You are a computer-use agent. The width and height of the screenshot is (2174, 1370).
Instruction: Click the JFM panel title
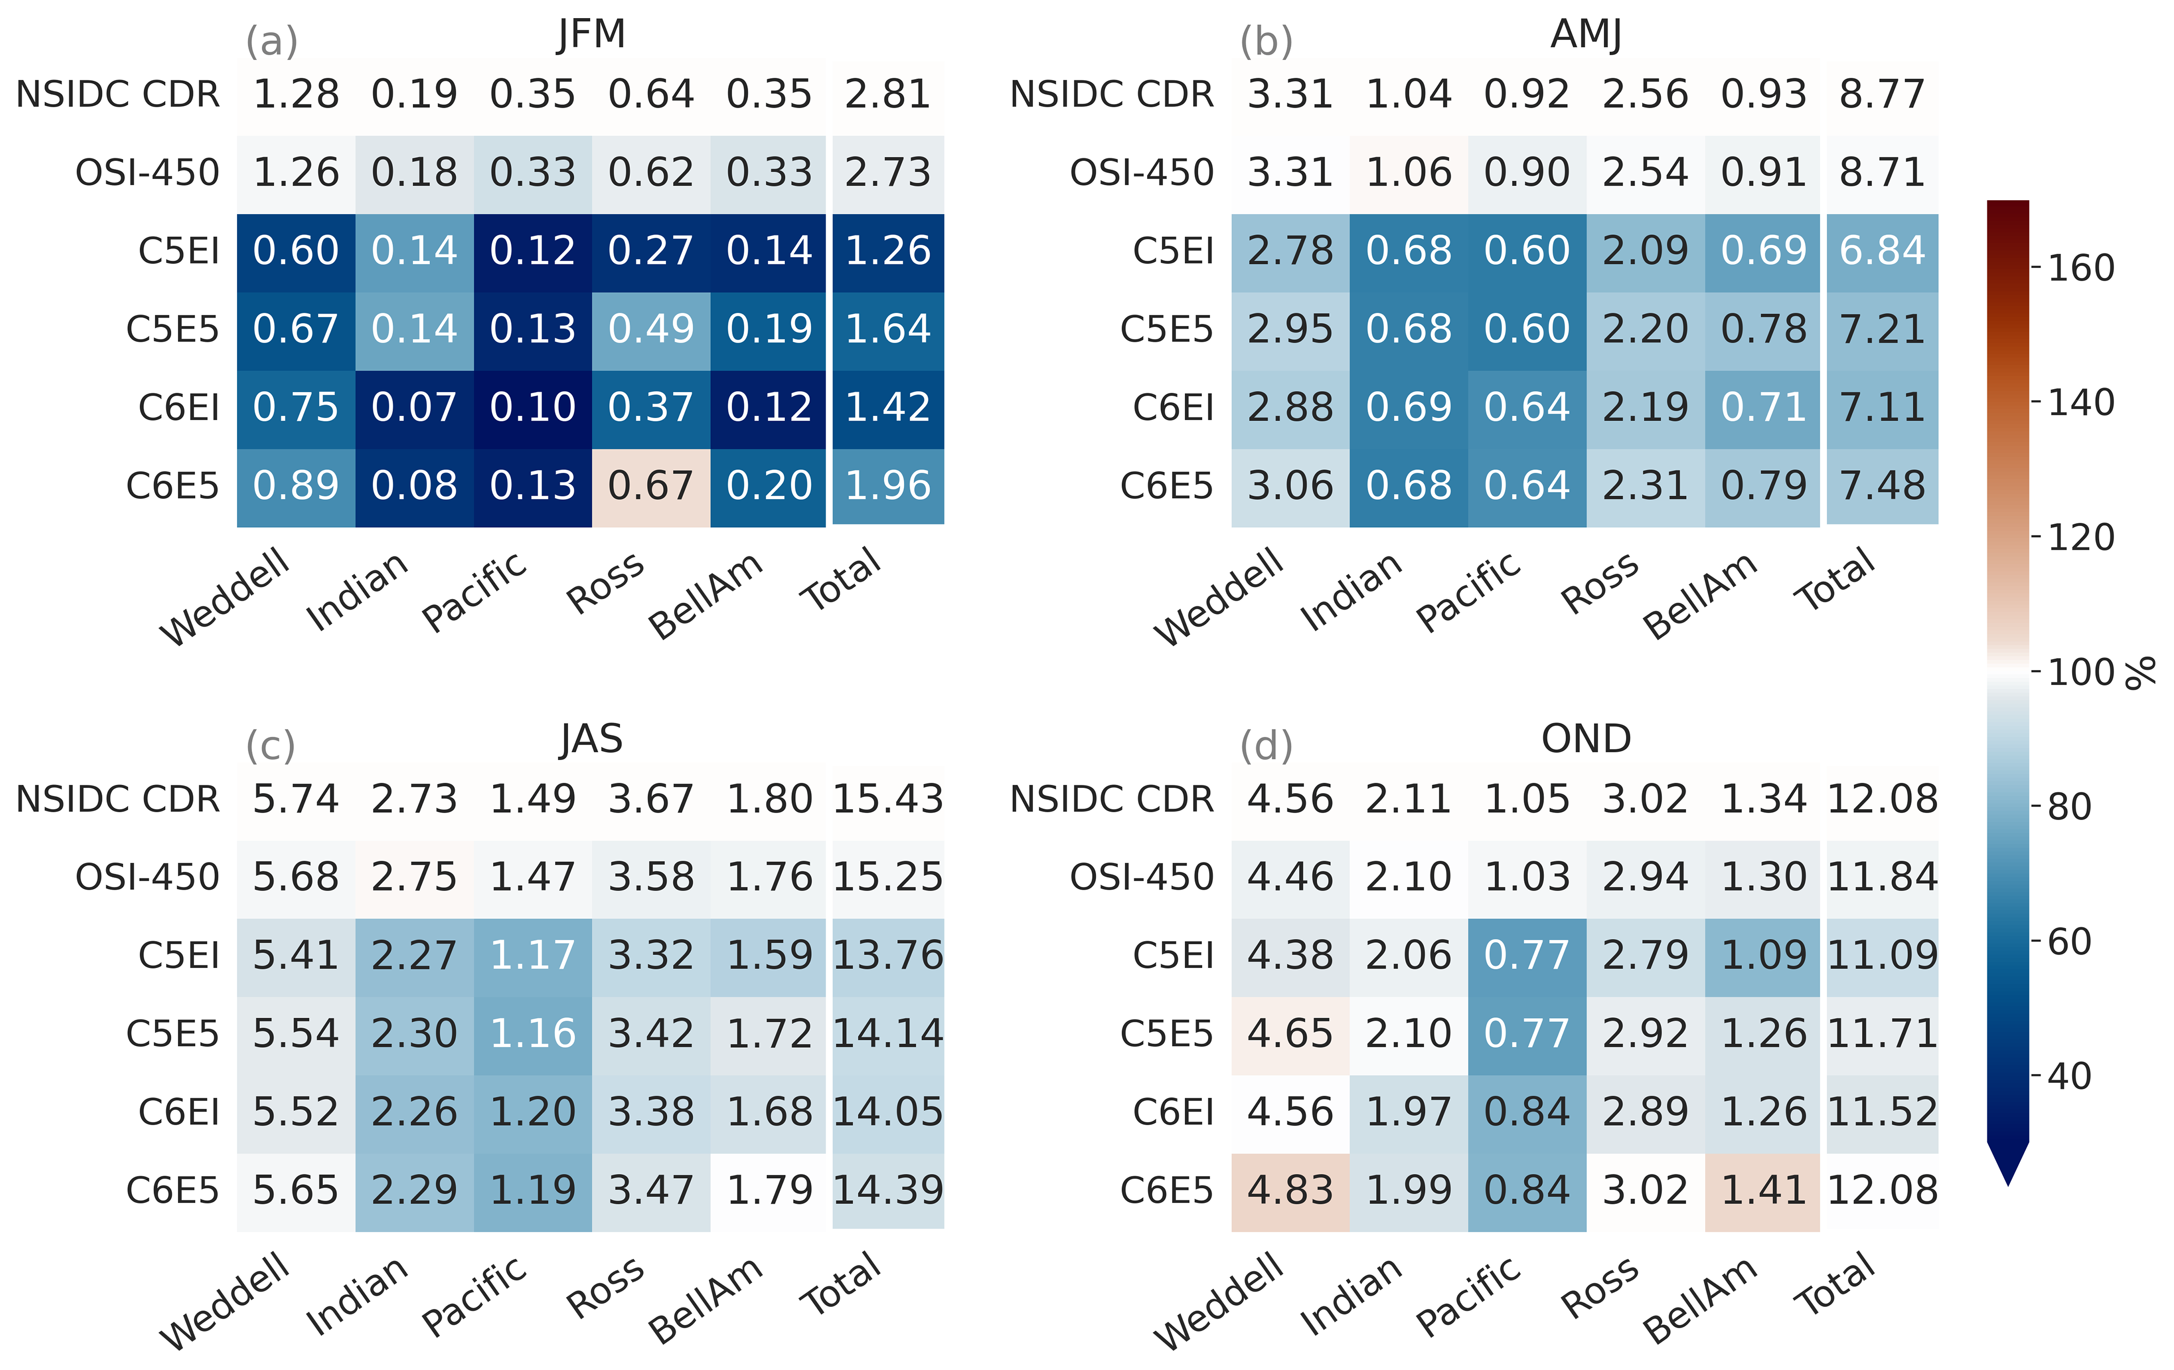click(x=591, y=34)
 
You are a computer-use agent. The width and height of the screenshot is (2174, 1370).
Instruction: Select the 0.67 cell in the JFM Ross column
click(x=651, y=486)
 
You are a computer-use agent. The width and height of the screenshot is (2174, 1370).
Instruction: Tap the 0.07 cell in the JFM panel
click(x=414, y=407)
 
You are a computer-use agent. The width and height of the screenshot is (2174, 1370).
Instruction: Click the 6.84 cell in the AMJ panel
click(x=1882, y=250)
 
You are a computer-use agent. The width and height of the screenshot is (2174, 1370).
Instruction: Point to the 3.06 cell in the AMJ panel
click(x=1290, y=486)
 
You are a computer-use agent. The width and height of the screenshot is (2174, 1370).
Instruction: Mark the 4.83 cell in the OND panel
click(x=1290, y=1190)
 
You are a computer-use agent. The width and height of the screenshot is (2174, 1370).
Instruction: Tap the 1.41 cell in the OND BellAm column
click(x=1763, y=1190)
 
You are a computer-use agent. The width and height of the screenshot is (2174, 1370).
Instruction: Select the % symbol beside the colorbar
click(x=2140, y=673)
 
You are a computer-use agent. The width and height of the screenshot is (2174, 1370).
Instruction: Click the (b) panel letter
click(x=1266, y=41)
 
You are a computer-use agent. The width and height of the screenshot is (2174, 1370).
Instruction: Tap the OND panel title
click(x=1586, y=739)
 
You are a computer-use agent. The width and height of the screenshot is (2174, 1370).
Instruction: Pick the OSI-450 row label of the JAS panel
click(x=147, y=877)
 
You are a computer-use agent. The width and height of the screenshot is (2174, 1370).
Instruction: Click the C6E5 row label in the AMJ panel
click(x=1167, y=486)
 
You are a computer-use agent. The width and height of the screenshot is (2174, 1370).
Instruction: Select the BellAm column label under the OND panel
click(x=1700, y=1301)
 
